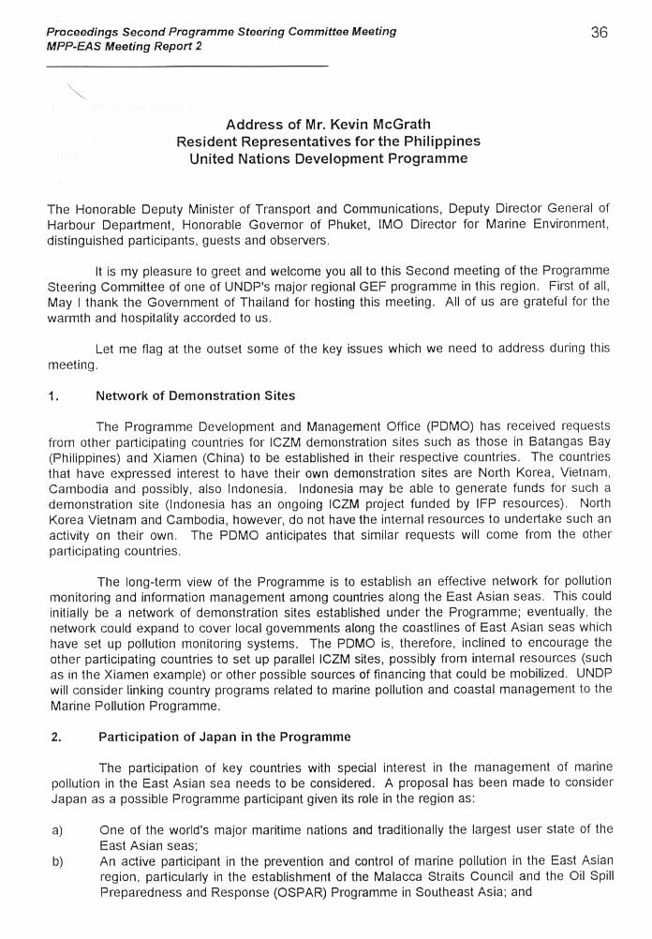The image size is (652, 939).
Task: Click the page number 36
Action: tap(600, 32)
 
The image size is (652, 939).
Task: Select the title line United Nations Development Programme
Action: tap(328, 158)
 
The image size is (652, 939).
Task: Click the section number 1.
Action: tap(53, 396)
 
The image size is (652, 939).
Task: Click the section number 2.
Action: tap(55, 737)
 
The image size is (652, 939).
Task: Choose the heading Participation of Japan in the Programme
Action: tap(224, 737)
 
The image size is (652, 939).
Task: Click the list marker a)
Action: tap(56, 828)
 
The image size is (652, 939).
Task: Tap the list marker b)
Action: tap(56, 859)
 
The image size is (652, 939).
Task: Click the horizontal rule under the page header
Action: tap(186, 66)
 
